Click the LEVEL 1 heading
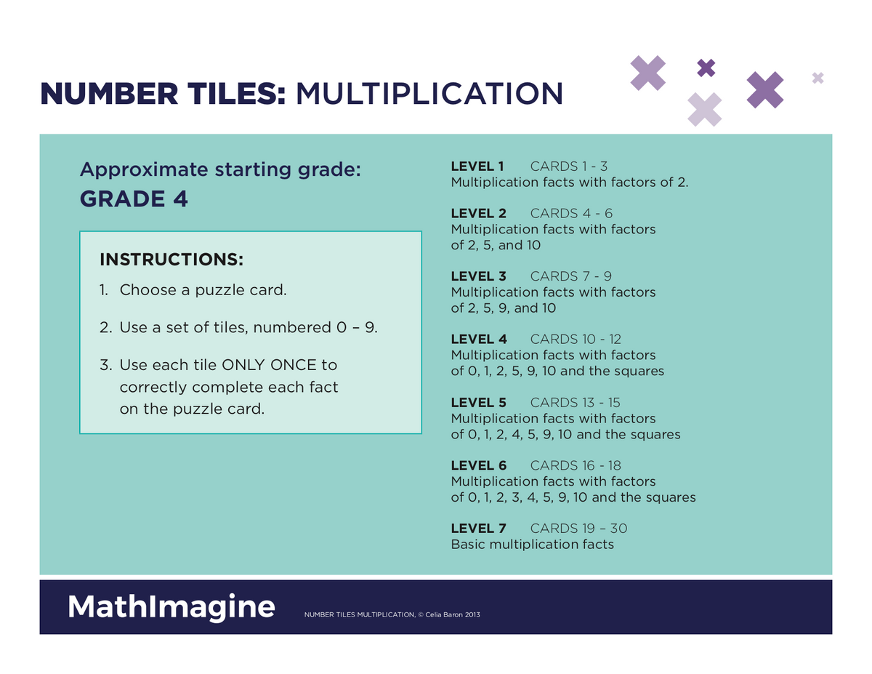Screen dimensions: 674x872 click(x=477, y=167)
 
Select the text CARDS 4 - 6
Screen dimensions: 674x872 click(x=571, y=213)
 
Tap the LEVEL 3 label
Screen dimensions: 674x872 click(x=478, y=276)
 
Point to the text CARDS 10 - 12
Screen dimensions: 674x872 click(x=576, y=340)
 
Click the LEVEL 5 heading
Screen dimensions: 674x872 click(x=478, y=403)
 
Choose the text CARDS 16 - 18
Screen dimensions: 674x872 click(x=576, y=465)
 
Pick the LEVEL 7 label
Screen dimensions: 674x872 click(x=478, y=529)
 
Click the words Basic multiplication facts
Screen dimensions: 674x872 click(x=532, y=545)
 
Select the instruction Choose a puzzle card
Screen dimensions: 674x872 click(x=203, y=290)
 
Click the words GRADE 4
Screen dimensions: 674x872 click(x=134, y=199)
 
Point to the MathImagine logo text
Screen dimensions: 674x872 click(x=171, y=606)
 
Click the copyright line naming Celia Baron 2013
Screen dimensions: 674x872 click(x=392, y=616)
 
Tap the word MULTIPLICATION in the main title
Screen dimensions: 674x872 click(x=429, y=94)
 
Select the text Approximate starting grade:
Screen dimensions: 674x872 click(x=220, y=170)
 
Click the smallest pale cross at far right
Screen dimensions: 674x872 click(x=817, y=78)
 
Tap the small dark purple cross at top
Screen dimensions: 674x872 click(x=706, y=68)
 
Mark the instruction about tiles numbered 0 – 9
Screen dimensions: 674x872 click(x=248, y=328)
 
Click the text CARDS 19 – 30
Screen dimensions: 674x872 click(x=578, y=529)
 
